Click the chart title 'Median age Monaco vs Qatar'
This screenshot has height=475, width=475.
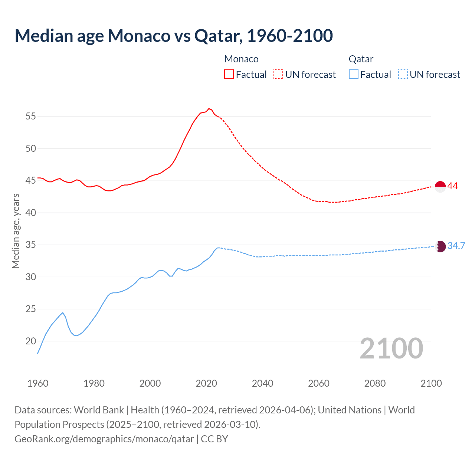tap(173, 36)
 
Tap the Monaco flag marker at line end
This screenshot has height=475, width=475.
tap(440, 187)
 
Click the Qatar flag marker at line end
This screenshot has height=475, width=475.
tap(440, 246)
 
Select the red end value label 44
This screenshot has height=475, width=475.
tap(452, 186)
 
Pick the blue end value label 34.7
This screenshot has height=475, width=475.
tap(456, 246)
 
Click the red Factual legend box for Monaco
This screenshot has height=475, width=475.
tap(229, 75)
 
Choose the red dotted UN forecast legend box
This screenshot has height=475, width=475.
tap(278, 75)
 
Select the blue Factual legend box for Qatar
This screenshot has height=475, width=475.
tap(354, 75)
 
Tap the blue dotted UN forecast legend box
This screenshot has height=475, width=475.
tap(403, 75)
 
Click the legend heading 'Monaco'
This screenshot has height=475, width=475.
tap(241, 59)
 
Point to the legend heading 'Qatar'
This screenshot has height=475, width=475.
tap(361, 59)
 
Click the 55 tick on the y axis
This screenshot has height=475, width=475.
tap(31, 117)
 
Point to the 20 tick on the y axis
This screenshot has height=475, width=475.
tap(31, 341)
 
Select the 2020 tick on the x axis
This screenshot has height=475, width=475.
tap(206, 383)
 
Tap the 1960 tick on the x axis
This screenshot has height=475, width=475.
tap(38, 383)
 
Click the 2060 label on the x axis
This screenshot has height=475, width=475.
tap(319, 383)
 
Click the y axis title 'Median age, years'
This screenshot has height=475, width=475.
tap(16, 231)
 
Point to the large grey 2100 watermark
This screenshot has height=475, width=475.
tap(391, 348)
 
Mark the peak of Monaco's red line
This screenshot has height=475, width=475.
tap(209, 108)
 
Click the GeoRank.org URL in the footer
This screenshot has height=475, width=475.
tap(104, 439)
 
